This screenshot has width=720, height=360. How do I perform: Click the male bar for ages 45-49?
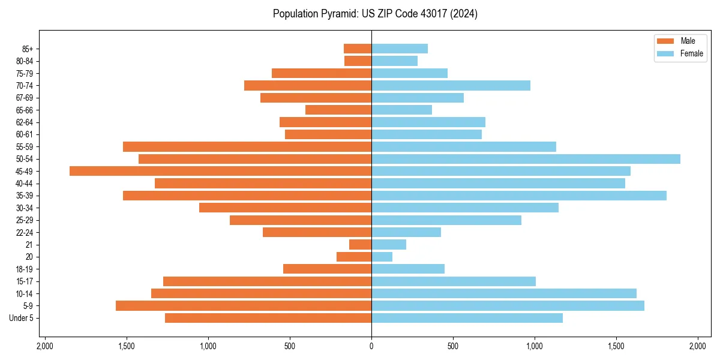coord(220,171)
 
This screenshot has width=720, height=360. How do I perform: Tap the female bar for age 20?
coord(382,257)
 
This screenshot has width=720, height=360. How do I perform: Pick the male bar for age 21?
coord(360,245)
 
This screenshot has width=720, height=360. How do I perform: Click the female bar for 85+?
coord(400,49)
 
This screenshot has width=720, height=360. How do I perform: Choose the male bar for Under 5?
coord(268,318)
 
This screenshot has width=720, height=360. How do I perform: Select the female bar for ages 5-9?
coord(508,306)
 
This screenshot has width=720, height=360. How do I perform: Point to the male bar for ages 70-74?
coord(308,86)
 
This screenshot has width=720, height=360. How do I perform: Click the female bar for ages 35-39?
coord(519,196)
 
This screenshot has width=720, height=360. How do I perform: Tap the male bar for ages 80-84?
coord(358,61)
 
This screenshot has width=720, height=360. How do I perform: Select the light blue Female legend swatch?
coord(666,53)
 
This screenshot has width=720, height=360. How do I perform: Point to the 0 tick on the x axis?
coord(371,347)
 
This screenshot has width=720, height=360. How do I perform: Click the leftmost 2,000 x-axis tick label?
coord(45,347)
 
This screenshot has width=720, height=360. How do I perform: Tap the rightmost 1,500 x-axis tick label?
coord(616,347)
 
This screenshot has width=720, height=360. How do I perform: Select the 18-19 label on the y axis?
coord(24,269)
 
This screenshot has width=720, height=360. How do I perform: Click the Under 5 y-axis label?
coord(22,318)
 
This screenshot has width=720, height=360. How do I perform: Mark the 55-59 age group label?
coord(24,147)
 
